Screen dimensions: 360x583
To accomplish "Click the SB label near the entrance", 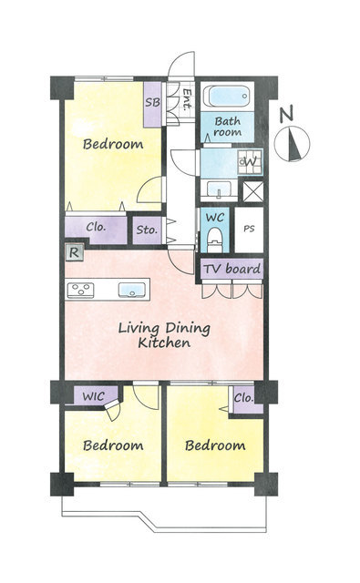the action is (x=152, y=102).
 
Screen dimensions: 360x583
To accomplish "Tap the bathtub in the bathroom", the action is (x=227, y=97).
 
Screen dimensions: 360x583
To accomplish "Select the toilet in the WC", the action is (x=213, y=240).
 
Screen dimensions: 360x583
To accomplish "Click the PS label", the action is (x=249, y=229).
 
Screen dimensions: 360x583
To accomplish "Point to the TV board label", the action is (x=231, y=269).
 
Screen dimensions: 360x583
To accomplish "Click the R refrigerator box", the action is (x=75, y=252).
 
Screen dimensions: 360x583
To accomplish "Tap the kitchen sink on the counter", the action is (x=131, y=290).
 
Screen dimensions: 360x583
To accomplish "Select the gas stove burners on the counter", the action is (x=81, y=291).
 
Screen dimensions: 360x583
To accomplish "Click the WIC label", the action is (x=94, y=396).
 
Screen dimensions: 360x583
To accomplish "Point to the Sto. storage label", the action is (x=147, y=230).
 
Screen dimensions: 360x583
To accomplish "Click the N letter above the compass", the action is (x=286, y=113).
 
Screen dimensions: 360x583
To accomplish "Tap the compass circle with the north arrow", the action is (x=292, y=144).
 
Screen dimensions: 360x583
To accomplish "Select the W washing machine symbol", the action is (x=250, y=162).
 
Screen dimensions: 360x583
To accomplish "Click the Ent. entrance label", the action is (x=188, y=99).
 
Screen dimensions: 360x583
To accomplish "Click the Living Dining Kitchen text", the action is (x=164, y=335).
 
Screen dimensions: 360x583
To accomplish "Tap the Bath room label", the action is (x=227, y=127).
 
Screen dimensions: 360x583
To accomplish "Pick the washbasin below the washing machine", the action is (x=219, y=189).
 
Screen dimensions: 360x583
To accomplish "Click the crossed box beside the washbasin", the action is (x=253, y=191).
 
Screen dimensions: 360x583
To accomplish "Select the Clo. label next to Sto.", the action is (x=96, y=227).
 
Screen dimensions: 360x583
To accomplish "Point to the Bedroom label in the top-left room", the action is (x=113, y=144).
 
